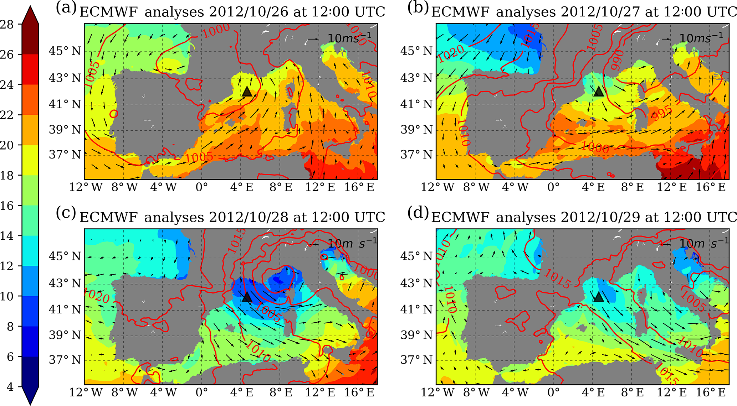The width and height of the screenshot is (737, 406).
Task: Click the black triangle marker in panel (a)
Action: click(x=247, y=92)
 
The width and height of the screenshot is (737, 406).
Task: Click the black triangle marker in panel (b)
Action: click(x=599, y=92)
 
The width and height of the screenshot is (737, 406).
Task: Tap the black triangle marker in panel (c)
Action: click(x=247, y=297)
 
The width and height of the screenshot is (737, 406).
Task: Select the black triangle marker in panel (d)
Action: click(x=599, y=297)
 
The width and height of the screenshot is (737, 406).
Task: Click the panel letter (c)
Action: click(x=66, y=213)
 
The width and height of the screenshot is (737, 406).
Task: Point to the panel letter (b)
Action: click(x=418, y=8)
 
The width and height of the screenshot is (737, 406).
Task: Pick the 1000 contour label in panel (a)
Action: click(x=216, y=31)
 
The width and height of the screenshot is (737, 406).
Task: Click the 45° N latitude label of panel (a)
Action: click(x=65, y=51)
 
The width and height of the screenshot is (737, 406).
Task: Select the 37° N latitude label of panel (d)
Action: click(x=416, y=360)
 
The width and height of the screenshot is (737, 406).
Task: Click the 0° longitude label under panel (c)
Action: click(x=201, y=392)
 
